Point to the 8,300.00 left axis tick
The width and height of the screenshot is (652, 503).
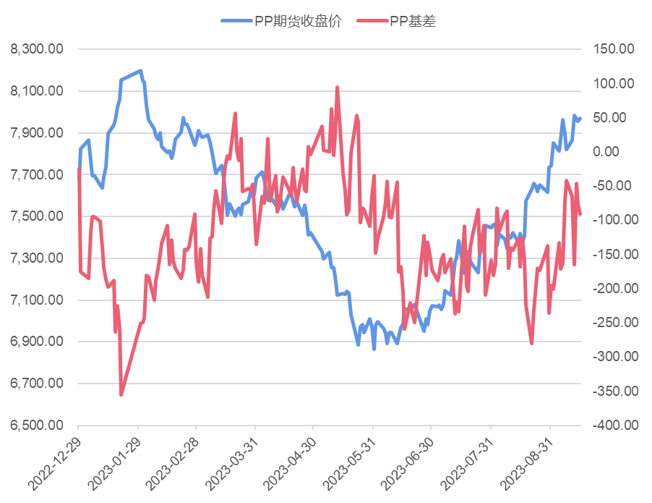pos(37,49)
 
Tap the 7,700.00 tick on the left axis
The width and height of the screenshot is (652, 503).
pos(37,174)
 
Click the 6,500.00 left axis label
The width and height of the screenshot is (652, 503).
pos(37,426)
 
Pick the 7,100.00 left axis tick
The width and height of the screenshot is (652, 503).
pos(37,300)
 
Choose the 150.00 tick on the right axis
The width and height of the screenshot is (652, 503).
pos(612,49)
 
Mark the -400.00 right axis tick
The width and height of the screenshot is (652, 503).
pos(611,426)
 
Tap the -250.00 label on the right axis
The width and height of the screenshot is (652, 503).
pos(611,323)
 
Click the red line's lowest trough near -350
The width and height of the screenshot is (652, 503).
pos(121,395)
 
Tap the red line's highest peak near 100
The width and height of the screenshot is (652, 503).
pos(337,87)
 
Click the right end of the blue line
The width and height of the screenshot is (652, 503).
pos(580,118)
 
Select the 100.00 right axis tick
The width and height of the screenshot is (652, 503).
pos(612,84)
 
